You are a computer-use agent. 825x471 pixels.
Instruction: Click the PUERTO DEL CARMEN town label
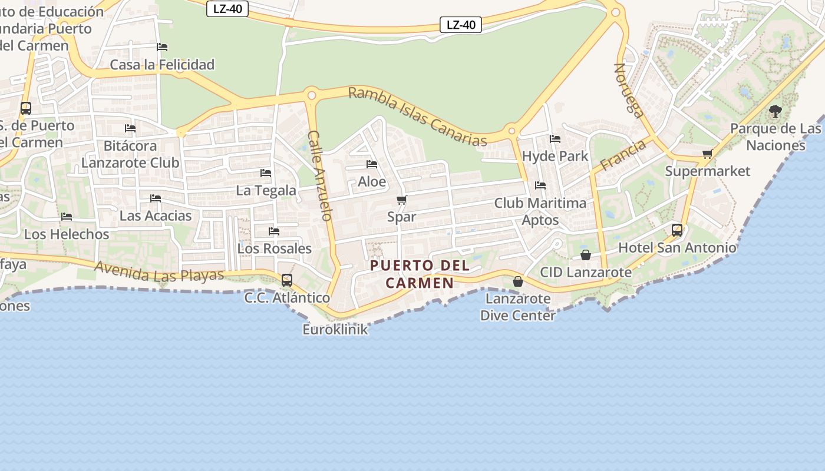pos(420,274)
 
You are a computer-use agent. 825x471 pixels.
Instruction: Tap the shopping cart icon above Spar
pos(402,200)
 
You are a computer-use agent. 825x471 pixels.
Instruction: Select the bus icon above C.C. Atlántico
pos(287,280)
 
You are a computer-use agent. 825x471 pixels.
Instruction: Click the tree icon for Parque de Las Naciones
pos(775,111)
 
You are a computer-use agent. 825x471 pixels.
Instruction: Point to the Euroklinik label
pos(335,329)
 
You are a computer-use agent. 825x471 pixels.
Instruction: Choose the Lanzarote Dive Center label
pos(518,307)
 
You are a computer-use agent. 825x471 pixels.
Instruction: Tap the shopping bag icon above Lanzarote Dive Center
pos(518,281)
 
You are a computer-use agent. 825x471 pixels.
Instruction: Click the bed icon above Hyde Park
pos(555,139)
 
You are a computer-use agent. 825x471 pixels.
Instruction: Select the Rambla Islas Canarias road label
pos(418,117)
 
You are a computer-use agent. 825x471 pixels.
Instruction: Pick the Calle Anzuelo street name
pos(321,175)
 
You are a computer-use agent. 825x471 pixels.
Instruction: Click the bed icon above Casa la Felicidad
pos(162,47)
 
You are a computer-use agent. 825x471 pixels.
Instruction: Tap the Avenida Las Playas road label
pos(159,271)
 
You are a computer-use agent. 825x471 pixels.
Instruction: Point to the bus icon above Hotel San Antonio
pos(677,230)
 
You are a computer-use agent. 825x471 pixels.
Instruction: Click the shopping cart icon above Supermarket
pos(707,154)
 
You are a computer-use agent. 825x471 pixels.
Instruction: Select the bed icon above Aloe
pos(372,164)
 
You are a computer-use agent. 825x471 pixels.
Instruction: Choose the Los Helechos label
pos(67,234)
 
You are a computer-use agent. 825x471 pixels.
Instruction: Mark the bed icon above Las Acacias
pos(156,198)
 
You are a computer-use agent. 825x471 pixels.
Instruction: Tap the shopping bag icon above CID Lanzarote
pos(586,255)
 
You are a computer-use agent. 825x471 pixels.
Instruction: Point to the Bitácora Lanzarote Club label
pos(130,154)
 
